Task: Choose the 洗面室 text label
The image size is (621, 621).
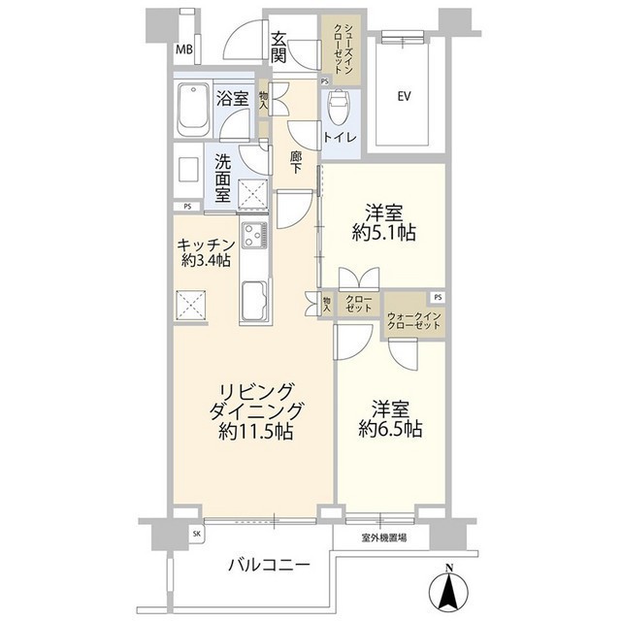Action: pos(222,178)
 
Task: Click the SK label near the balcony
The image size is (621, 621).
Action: pos(197,534)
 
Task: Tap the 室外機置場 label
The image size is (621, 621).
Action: pos(384,536)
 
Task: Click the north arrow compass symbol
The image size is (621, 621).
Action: pos(446,586)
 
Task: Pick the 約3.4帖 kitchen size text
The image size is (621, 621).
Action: pos(205,260)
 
